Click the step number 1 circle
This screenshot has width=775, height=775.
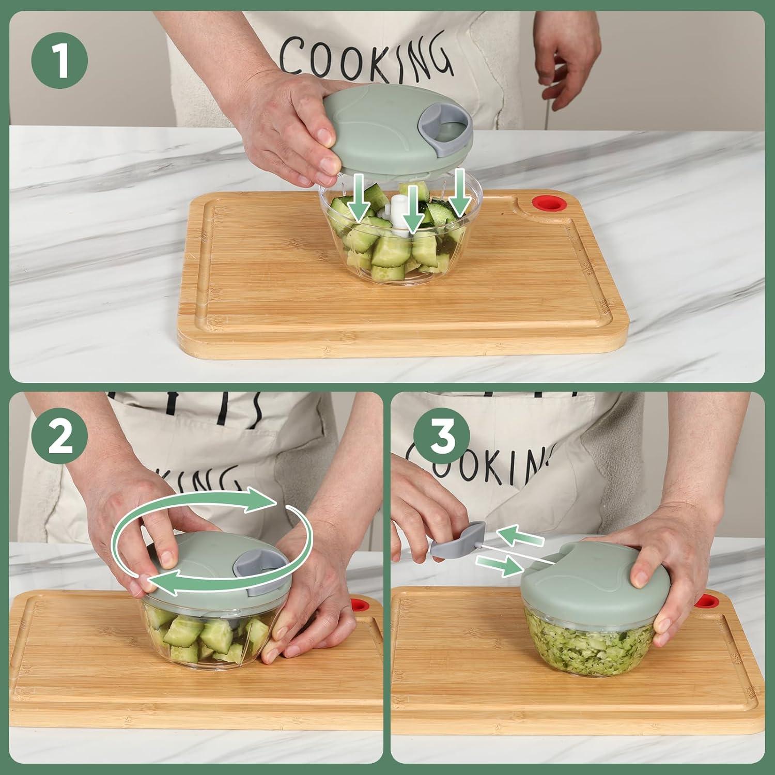click(x=59, y=61)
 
